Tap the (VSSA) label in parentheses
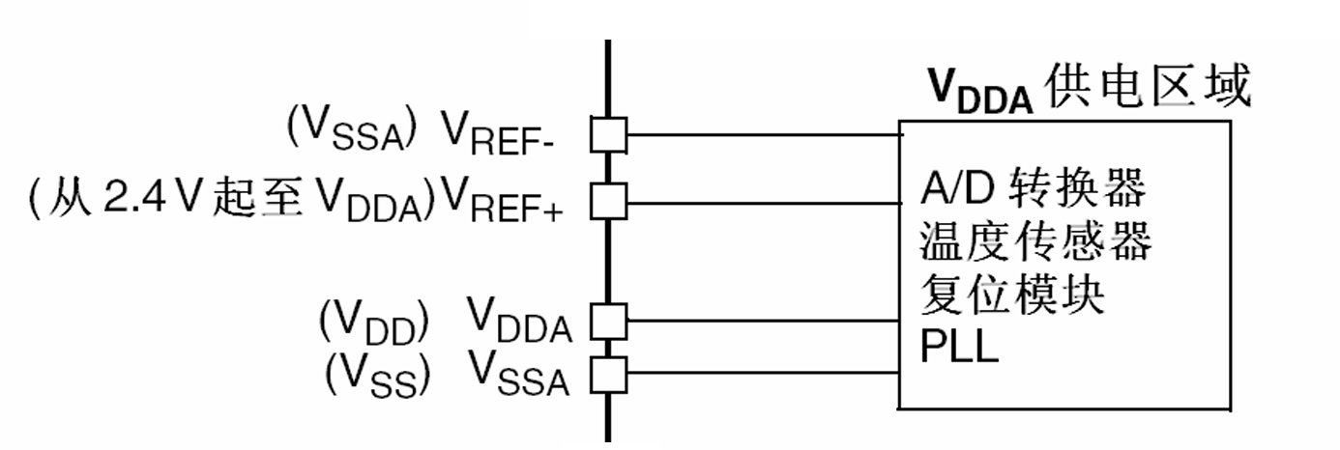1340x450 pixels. (x=351, y=128)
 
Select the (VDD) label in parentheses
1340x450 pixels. (x=374, y=322)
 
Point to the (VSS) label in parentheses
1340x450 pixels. (x=377, y=376)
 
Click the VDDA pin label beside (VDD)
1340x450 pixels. (x=519, y=321)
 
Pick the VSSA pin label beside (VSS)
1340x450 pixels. (x=518, y=374)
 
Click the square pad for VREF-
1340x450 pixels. (x=608, y=135)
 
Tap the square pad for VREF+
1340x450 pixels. (x=608, y=202)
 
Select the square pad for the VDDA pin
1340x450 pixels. (x=608, y=322)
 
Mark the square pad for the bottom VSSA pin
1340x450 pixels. (x=608, y=375)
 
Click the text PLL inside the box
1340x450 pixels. (x=959, y=346)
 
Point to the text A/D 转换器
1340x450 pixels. (x=1034, y=188)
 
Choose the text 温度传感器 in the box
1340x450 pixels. (x=1035, y=240)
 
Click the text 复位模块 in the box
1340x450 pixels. (x=1012, y=294)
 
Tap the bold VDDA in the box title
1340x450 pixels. (x=980, y=92)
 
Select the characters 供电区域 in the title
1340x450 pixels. (x=1148, y=87)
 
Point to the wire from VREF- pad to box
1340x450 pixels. (x=765, y=135)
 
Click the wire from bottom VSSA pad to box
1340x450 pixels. (x=763, y=374)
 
